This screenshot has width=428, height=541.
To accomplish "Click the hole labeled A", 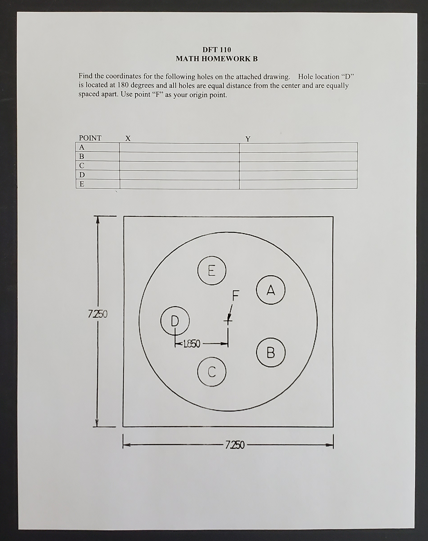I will [270, 290].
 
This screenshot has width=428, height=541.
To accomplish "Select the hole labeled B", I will [271, 352].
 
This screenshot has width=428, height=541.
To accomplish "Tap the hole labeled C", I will [212, 372].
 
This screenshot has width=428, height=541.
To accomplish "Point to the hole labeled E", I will [212, 270].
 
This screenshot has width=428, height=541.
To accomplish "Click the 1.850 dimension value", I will [192, 344].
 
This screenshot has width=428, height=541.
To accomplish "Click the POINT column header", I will [90, 138].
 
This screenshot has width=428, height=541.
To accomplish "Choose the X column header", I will [128, 138].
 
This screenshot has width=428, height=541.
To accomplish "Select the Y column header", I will [248, 139].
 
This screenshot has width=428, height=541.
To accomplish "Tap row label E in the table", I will [82, 184].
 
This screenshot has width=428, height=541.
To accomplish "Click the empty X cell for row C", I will [179, 166].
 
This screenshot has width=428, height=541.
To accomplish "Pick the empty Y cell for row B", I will [298, 157].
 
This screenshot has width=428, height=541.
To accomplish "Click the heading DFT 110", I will [216, 50].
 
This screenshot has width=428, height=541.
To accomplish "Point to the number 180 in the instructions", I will [123, 85].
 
